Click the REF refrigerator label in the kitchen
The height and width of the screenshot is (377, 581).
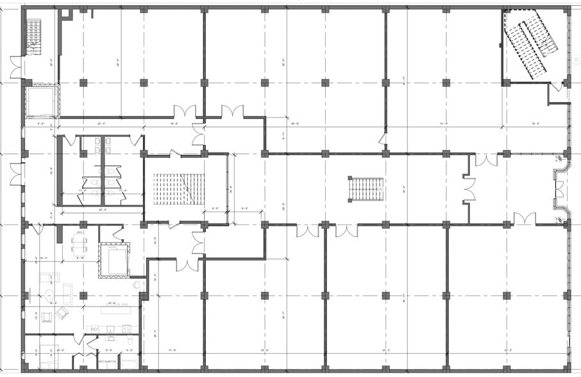(94, 329)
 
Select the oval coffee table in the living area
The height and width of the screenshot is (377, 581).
(49, 297)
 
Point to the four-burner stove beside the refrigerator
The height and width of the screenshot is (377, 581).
(126, 329)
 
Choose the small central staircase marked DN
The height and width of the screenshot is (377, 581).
(366, 189)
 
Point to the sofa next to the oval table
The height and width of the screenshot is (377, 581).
(47, 278)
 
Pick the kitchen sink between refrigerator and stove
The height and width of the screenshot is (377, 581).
(110, 329)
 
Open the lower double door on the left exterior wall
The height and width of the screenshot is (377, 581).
(15, 174)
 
